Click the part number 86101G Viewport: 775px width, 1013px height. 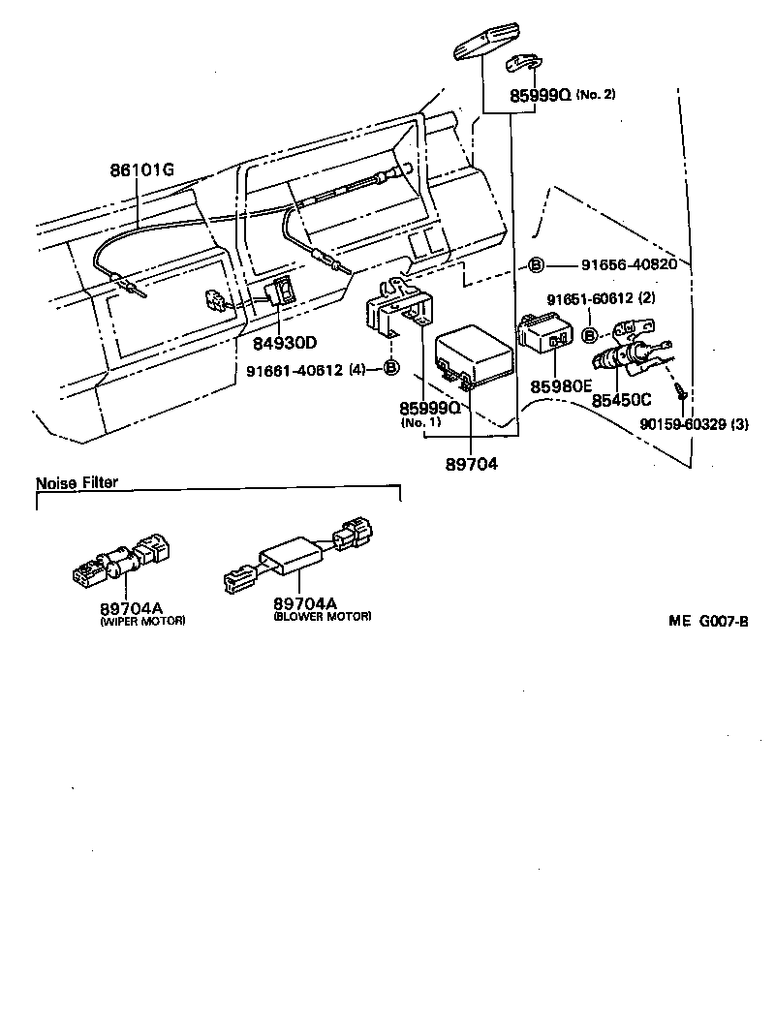point(141,170)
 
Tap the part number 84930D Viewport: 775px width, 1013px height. point(285,342)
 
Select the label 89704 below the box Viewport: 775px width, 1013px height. point(471,465)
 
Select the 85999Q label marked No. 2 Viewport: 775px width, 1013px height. point(540,95)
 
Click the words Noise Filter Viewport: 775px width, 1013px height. point(77,482)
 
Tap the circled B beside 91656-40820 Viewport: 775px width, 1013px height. point(535,264)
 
